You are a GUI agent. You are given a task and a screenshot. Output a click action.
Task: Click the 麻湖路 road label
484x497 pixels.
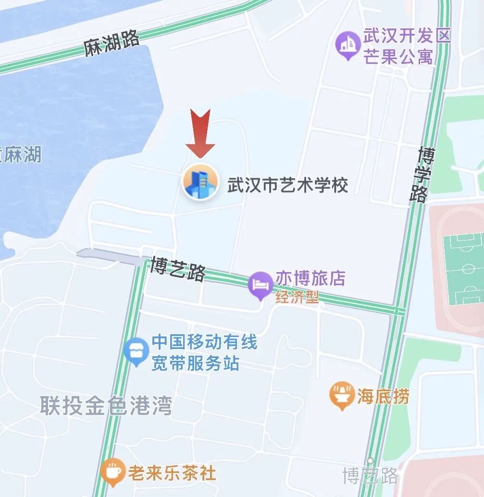[x=112, y=44]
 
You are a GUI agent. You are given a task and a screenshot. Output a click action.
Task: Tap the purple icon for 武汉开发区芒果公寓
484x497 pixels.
[x=348, y=45]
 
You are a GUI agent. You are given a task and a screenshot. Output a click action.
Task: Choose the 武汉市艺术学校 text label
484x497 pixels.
[x=287, y=185]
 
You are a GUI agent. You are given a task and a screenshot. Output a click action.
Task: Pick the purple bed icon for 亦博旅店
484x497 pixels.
[x=261, y=285]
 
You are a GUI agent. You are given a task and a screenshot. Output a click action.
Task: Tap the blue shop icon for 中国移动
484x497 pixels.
[x=137, y=350]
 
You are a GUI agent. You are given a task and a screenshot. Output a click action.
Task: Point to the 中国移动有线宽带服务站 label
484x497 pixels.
[x=204, y=353]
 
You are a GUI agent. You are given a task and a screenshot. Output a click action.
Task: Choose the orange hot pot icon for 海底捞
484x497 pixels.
[x=342, y=395]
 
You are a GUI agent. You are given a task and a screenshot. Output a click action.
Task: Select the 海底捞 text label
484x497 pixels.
[x=383, y=397]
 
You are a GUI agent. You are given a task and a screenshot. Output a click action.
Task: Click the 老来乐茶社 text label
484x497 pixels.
[x=172, y=472]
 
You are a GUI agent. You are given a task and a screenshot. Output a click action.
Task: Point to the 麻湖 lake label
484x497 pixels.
[x=22, y=155]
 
